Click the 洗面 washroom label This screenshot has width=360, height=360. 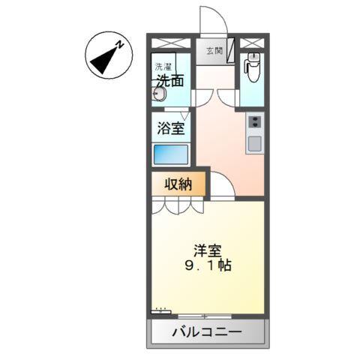pos(170,81)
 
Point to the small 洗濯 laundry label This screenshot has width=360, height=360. pos(163,66)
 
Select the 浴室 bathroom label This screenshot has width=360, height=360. pos(170,128)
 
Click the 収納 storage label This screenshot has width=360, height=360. pos(177,184)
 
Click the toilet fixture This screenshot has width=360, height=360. pos(253,69)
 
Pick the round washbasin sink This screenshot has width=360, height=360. pos(158,94)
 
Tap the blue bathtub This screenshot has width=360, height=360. pos(171,154)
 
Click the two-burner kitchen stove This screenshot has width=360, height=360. pos(254,122)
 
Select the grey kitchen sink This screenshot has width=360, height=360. pos(254,142)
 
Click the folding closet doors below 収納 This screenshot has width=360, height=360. pos(177,205)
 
